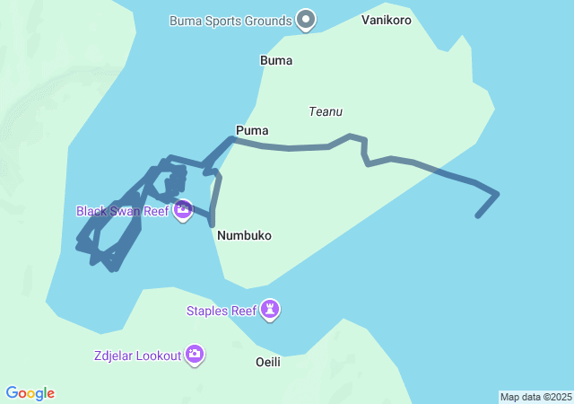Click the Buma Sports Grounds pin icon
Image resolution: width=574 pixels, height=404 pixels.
pos(306,19)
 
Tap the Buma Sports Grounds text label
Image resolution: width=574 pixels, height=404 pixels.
pos(230,20)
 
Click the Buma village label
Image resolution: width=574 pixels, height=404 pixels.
pos(276,61)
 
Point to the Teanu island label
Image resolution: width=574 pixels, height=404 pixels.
pos(326,112)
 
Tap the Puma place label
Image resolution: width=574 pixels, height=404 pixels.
pos(252,131)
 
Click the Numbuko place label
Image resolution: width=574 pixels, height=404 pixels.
pos(244,235)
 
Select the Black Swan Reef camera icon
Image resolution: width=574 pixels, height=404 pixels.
pos(183,211)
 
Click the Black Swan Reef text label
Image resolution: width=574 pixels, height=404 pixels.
pos(122,212)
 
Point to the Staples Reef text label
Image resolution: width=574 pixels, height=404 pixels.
pos(221,312)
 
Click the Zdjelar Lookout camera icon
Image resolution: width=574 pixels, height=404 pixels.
pos(195,355)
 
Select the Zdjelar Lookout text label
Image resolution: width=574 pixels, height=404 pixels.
pos(136,356)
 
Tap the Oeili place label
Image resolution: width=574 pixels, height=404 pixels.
pos(268,362)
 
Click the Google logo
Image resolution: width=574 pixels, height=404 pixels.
pos(30,393)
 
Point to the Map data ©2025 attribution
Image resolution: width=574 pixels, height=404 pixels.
pos(535,397)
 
